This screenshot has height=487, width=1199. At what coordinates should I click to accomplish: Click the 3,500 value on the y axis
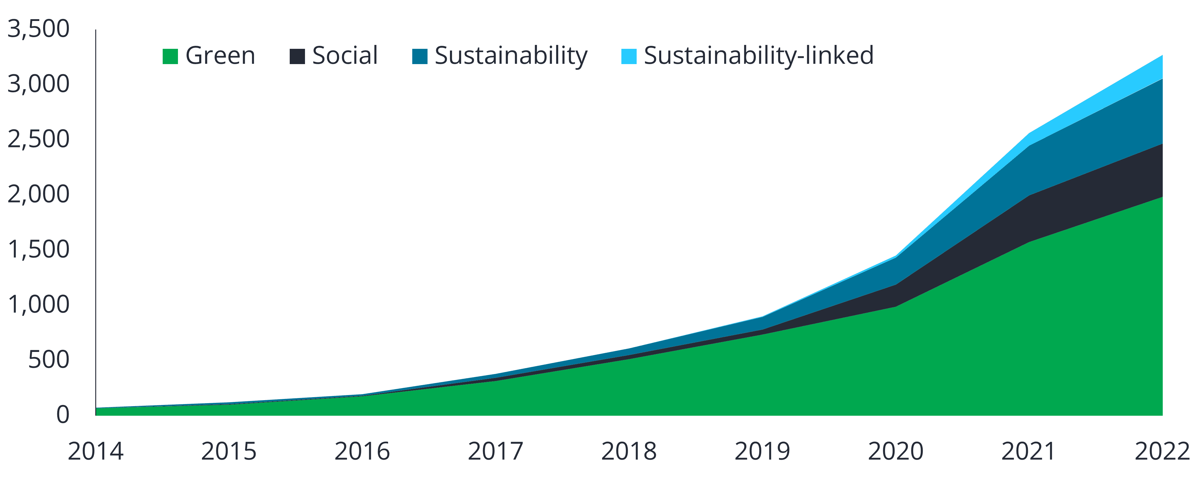pyautogui.click(x=38, y=30)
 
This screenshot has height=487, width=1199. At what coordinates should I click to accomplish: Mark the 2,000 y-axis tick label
pyautogui.click(x=38, y=194)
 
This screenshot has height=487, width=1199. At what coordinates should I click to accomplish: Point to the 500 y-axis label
pyautogui.click(x=49, y=359)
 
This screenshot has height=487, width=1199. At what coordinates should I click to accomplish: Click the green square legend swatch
pyautogui.click(x=170, y=56)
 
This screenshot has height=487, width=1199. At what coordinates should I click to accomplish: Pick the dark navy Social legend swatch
pyautogui.click(x=297, y=56)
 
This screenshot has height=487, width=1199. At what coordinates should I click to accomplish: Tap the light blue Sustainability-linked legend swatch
pyautogui.click(x=629, y=56)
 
